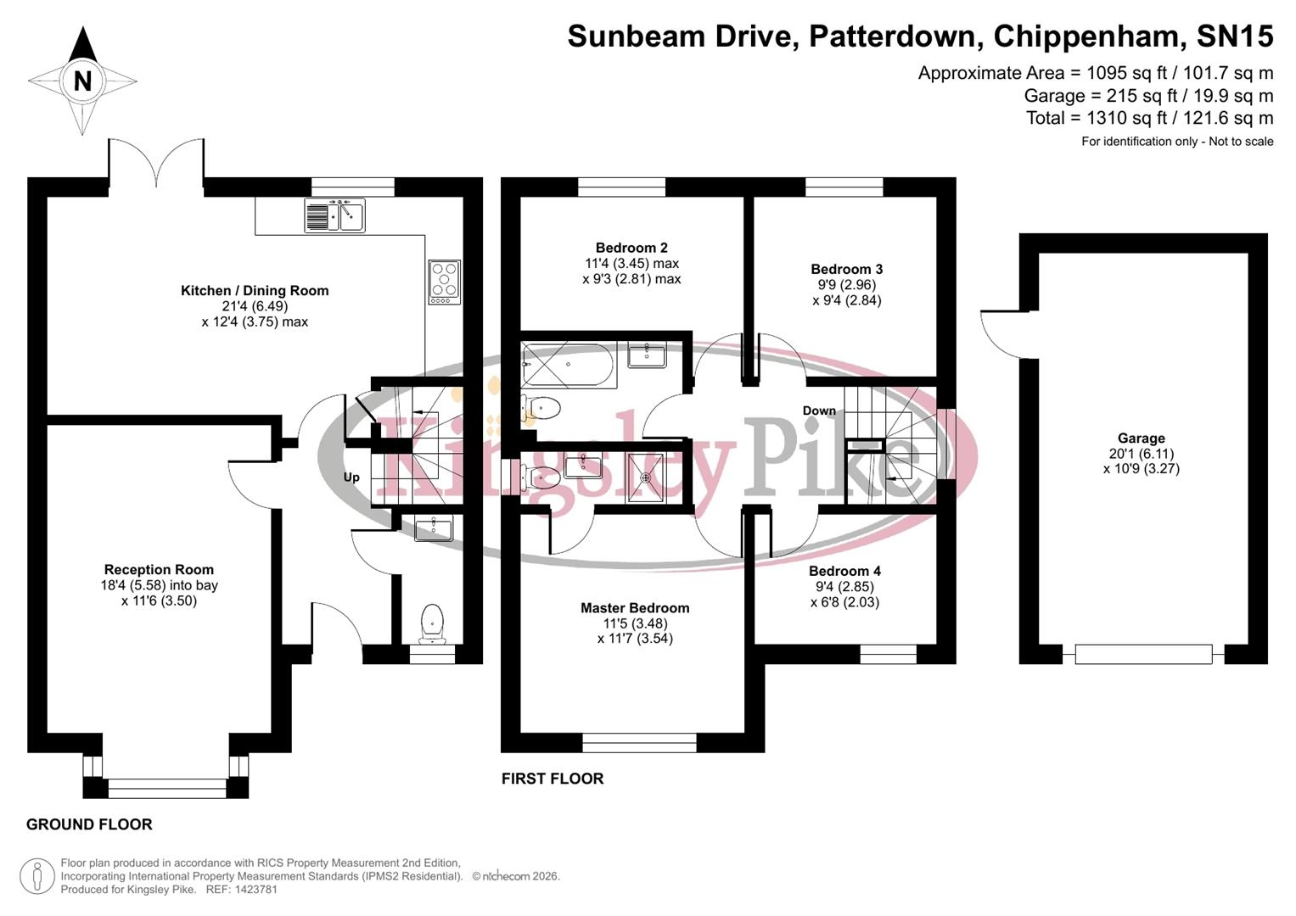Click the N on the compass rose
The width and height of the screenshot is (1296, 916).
point(82,81)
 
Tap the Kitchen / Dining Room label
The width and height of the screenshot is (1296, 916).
point(255,291)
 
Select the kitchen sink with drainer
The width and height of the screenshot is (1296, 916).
point(334,215)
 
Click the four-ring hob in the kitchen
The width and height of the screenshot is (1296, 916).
point(445,282)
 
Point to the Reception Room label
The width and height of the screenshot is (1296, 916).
point(159,570)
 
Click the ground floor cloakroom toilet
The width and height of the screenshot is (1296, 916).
point(433,624)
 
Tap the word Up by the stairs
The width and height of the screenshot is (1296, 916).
point(351,478)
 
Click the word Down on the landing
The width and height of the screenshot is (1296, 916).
point(819,411)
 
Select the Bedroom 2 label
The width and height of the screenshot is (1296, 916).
point(631,248)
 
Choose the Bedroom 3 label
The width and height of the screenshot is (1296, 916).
point(846,270)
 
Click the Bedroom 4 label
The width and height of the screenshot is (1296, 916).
point(844,572)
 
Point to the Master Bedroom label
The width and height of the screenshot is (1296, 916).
point(635,608)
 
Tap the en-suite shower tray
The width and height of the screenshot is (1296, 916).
point(646,478)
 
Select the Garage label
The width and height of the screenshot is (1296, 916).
point(1141,438)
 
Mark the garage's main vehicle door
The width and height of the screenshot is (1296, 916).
point(1143,654)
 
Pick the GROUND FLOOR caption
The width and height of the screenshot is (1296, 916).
point(89,824)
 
